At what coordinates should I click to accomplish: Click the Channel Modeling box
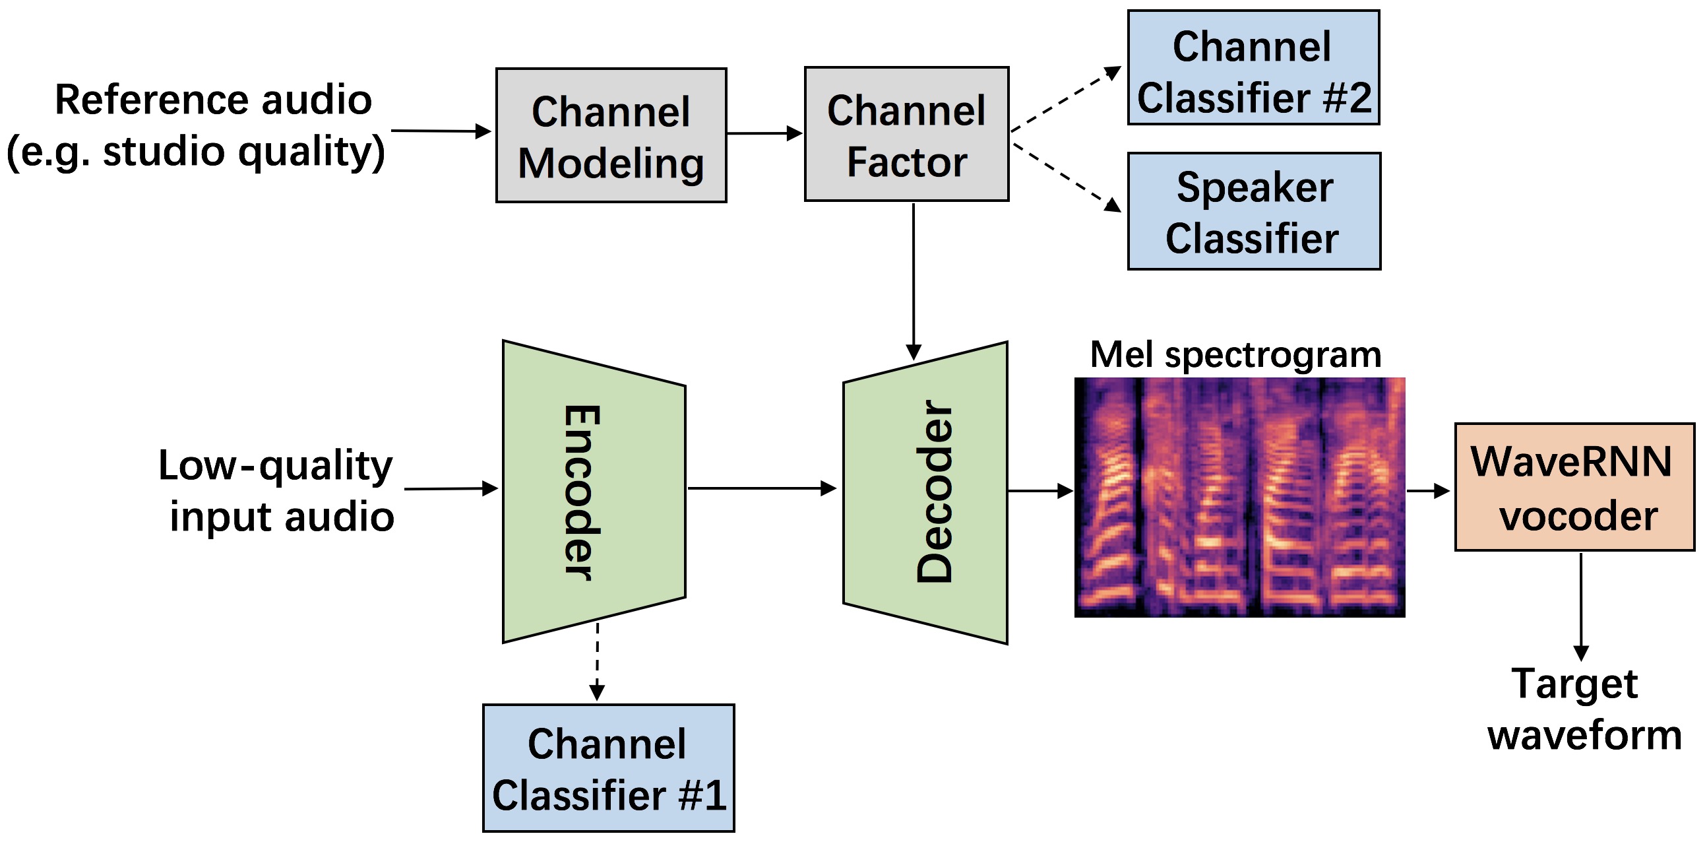point(611,135)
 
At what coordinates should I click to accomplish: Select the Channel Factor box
point(906,134)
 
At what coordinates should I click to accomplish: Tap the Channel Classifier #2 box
point(1253,67)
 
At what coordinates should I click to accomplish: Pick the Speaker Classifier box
point(1254,212)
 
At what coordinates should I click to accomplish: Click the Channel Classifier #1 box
point(608,767)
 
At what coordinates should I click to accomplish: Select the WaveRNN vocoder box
point(1574,487)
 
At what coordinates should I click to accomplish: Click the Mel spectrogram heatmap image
point(1239,498)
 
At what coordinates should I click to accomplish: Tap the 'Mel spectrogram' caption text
point(1235,355)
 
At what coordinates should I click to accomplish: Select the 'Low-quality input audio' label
point(276,490)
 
